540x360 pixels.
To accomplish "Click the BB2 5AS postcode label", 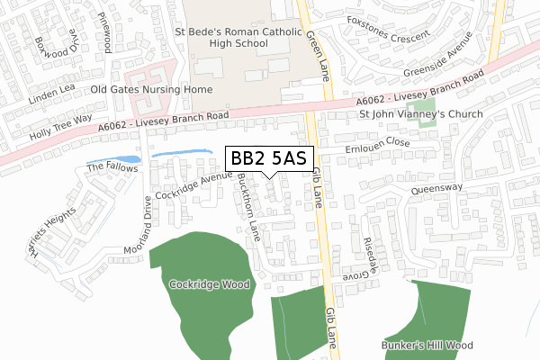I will coord(269,159).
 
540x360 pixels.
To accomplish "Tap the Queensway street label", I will coord(437,189).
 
